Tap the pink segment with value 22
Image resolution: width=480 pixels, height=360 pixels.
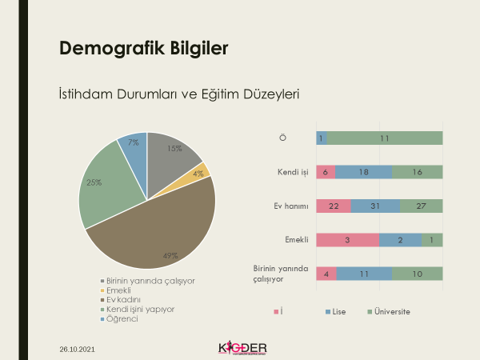[x=334, y=206]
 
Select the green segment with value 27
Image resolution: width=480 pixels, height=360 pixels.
[x=421, y=206]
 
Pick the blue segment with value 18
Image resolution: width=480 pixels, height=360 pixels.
[x=363, y=172]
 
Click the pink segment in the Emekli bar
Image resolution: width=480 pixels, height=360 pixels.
[x=347, y=240]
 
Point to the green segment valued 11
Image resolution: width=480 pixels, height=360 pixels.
[x=385, y=138]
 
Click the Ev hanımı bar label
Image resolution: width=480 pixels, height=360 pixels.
[x=287, y=206]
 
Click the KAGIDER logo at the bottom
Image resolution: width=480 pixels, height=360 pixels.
[x=242, y=348]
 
